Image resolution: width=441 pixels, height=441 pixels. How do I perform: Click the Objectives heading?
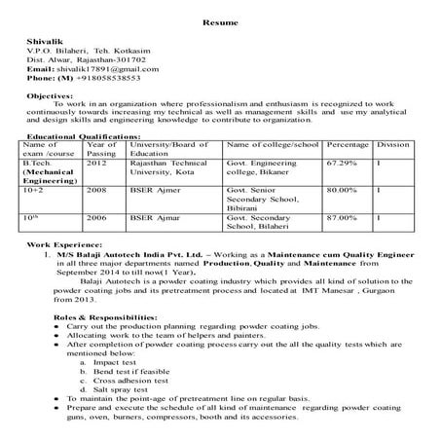click(x=50, y=97)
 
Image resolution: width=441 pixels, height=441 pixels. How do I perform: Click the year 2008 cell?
click(x=95, y=190)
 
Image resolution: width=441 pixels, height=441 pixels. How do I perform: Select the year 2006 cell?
click(x=95, y=218)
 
